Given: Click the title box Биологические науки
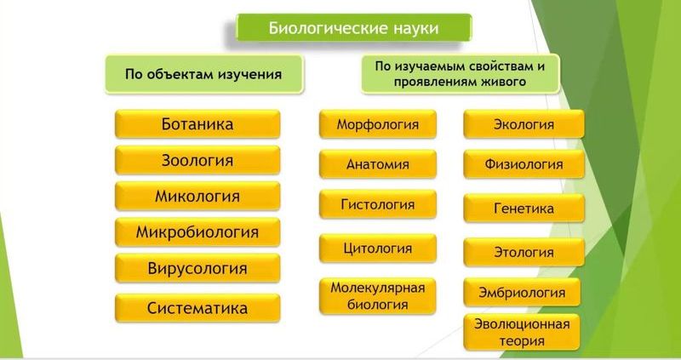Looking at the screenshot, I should click(x=353, y=28).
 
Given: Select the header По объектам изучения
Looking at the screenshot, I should click(x=203, y=74).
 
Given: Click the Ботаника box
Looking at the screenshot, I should click(x=197, y=124).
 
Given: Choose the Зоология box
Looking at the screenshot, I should click(x=197, y=160).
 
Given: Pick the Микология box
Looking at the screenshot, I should click(x=197, y=196).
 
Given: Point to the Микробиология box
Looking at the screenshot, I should click(x=197, y=231).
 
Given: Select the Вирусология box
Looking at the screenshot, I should click(x=197, y=269).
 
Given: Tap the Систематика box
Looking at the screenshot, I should click(x=197, y=308).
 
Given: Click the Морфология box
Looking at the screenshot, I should click(x=378, y=124).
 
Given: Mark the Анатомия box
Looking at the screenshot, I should click(x=378, y=164).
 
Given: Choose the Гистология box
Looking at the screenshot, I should click(x=378, y=204).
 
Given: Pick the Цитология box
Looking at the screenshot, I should click(x=378, y=249).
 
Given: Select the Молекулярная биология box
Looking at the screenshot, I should click(x=378, y=295).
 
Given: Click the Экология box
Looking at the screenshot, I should click(x=524, y=124).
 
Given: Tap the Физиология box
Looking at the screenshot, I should click(x=524, y=164).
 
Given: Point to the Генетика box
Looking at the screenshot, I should click(x=524, y=208).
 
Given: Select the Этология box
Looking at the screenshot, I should click(x=524, y=252).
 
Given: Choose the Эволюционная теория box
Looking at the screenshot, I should click(x=522, y=332).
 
